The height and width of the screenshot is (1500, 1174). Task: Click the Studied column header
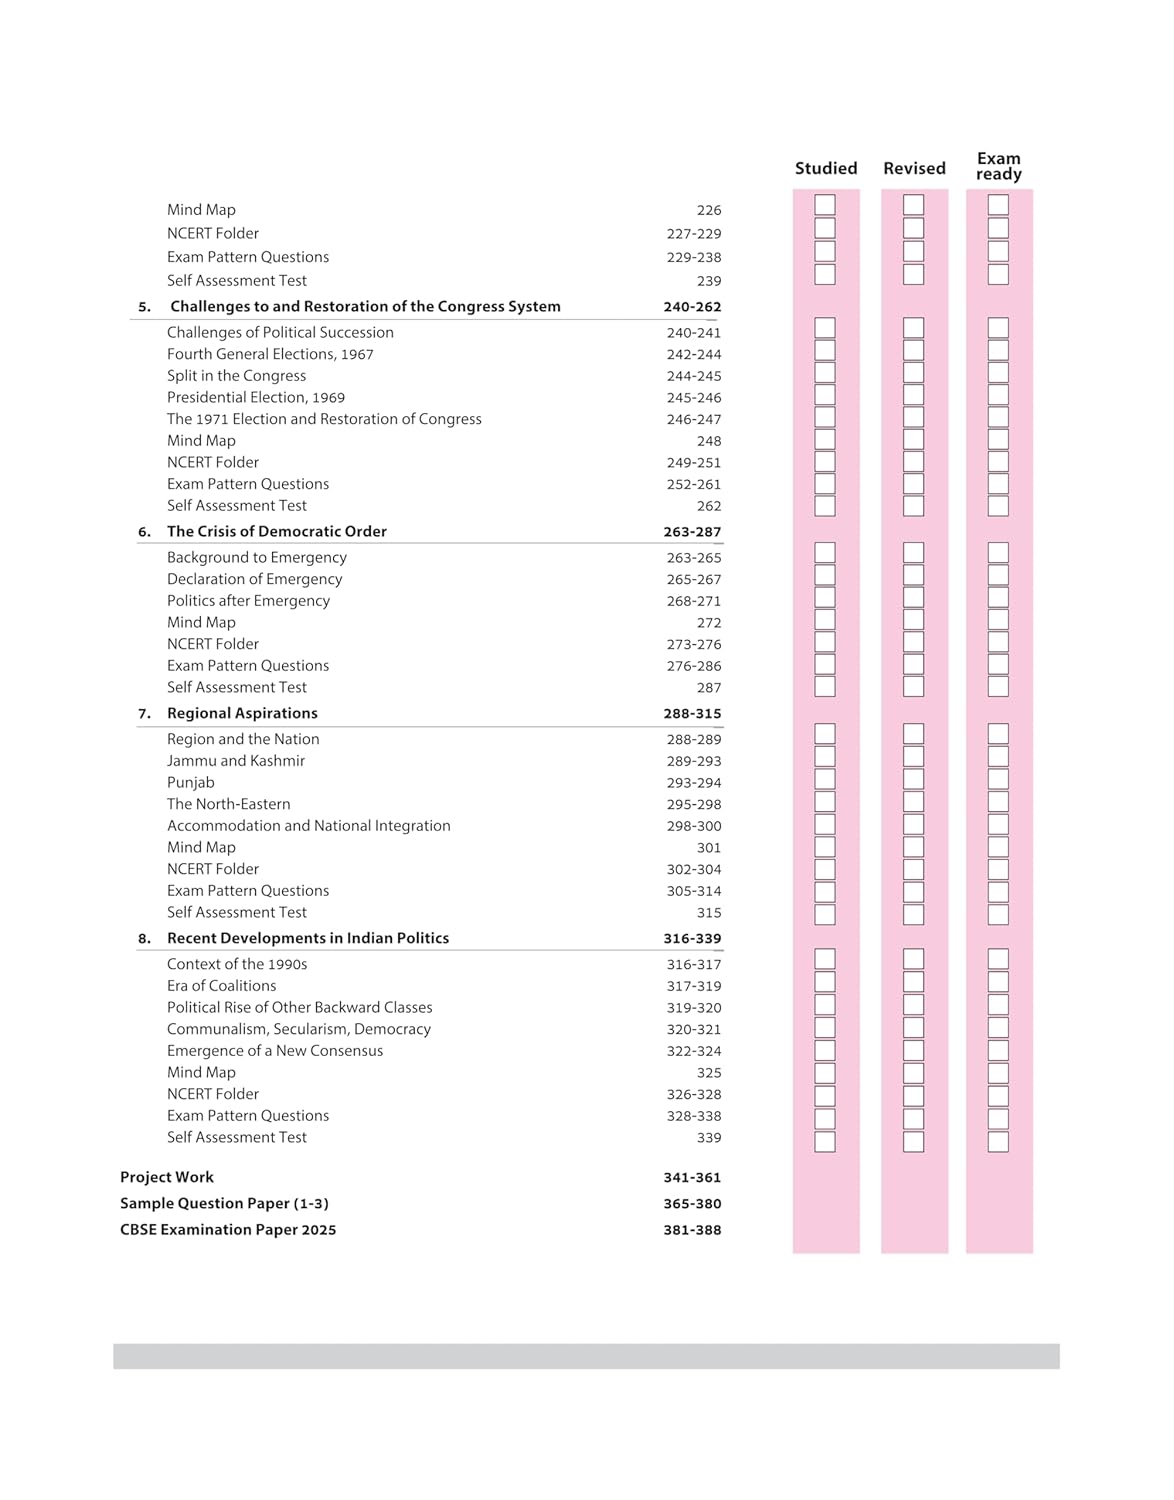click(x=826, y=168)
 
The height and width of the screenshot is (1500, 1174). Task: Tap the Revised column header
click(x=914, y=168)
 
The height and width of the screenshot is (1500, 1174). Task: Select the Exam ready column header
click(x=998, y=166)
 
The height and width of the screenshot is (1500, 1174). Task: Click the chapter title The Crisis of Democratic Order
click(x=276, y=532)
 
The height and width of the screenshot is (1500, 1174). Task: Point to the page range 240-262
click(x=692, y=307)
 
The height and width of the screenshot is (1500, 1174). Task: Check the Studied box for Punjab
click(x=825, y=779)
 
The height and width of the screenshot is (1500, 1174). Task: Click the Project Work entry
click(x=167, y=1177)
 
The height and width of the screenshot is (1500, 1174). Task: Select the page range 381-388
click(x=692, y=1230)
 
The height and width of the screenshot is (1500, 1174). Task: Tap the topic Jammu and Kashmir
click(x=236, y=761)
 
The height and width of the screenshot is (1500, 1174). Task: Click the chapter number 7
click(x=144, y=714)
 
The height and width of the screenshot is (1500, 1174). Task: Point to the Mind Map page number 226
click(x=709, y=210)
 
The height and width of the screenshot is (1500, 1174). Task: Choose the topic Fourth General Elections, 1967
click(x=270, y=354)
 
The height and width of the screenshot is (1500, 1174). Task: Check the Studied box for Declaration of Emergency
click(x=825, y=575)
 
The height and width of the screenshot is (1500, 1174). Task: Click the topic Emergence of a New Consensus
click(x=275, y=1051)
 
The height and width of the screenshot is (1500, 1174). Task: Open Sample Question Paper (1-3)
click(x=224, y=1203)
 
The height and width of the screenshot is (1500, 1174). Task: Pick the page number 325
click(x=709, y=1073)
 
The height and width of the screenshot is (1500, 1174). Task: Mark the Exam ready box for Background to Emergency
click(x=998, y=553)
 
